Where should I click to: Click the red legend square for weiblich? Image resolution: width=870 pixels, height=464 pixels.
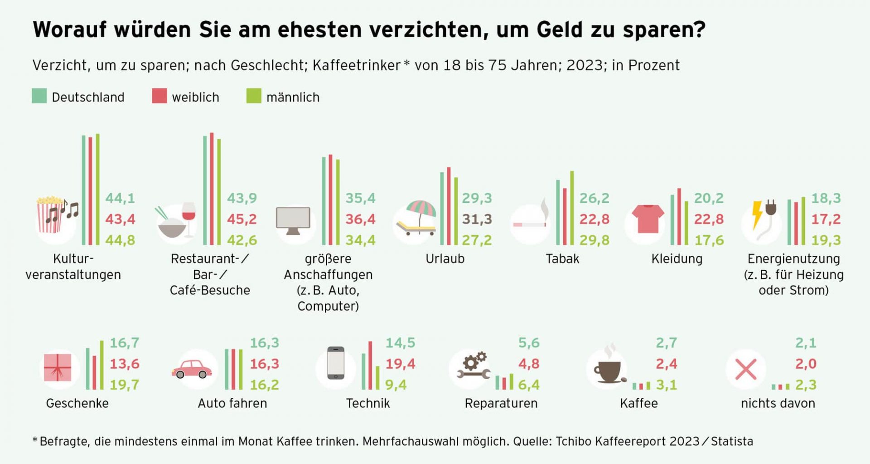tap(159, 96)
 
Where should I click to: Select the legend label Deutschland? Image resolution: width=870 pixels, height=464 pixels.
tap(88, 98)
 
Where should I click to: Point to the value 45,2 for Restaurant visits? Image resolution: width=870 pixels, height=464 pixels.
tap(242, 219)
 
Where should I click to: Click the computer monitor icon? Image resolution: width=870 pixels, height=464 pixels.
tap(293, 220)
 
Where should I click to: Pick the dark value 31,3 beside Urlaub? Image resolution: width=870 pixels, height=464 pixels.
tap(477, 219)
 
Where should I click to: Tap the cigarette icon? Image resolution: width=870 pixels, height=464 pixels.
tap(529, 224)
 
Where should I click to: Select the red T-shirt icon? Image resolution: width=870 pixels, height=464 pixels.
tap(648, 218)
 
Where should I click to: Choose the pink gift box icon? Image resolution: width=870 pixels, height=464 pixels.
tap(58, 367)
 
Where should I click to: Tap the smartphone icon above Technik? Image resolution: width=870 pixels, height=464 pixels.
tap(336, 363)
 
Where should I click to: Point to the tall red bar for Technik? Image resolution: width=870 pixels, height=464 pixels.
tap(371, 366)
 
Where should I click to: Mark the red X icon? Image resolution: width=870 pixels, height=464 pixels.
tap(746, 369)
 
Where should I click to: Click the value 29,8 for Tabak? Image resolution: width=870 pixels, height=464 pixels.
tap(594, 240)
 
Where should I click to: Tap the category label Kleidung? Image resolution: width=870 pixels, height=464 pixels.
tap(677, 259)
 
